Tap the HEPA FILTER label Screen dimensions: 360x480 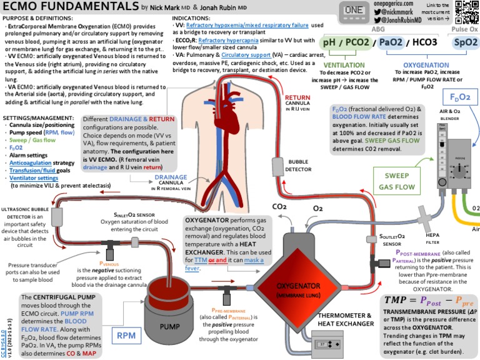tap(432, 238)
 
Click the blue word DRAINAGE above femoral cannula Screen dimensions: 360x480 tap(171, 177)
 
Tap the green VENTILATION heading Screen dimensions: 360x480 tap(345, 65)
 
